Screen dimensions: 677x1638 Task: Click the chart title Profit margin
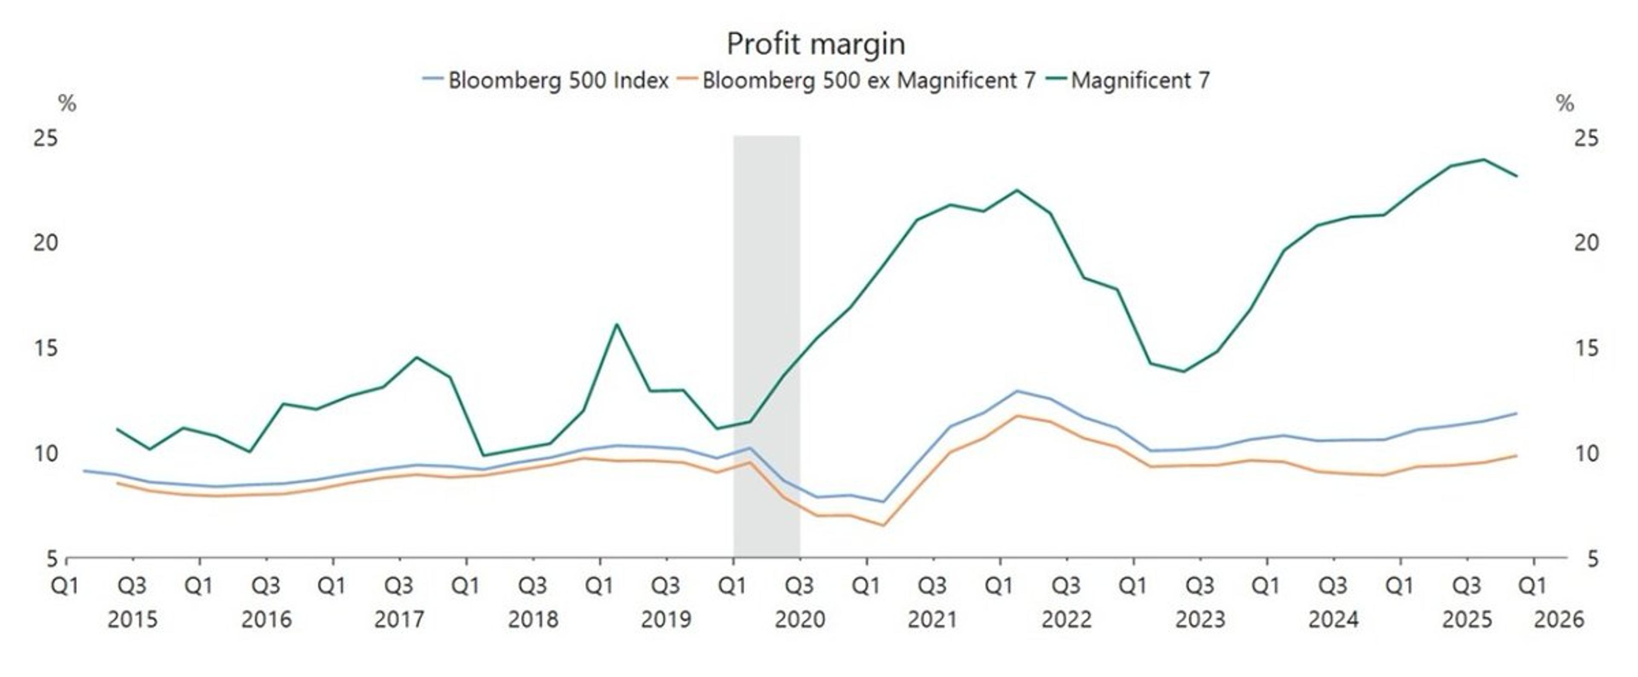click(816, 44)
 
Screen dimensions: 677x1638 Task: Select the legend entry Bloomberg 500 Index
click(558, 81)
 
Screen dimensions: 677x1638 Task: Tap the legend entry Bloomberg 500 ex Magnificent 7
click(868, 81)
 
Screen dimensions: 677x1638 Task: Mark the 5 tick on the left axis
click(52, 559)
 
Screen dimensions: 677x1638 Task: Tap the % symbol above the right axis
click(1565, 104)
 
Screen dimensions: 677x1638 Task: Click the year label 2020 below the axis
click(799, 619)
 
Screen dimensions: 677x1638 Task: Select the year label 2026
click(1559, 619)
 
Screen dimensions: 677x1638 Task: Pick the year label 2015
click(132, 619)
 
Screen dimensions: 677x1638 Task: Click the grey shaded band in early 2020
click(766, 286)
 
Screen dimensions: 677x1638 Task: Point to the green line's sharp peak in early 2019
click(616, 324)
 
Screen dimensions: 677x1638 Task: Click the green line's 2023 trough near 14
click(1183, 371)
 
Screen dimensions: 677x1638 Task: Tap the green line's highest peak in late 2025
click(1484, 160)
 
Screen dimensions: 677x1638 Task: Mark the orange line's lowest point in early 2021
click(883, 525)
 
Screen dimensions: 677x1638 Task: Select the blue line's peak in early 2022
click(1017, 391)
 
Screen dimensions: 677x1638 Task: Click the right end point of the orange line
click(1516, 455)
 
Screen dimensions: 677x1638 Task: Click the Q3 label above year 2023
click(1200, 585)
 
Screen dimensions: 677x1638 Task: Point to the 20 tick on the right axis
click(1585, 243)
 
